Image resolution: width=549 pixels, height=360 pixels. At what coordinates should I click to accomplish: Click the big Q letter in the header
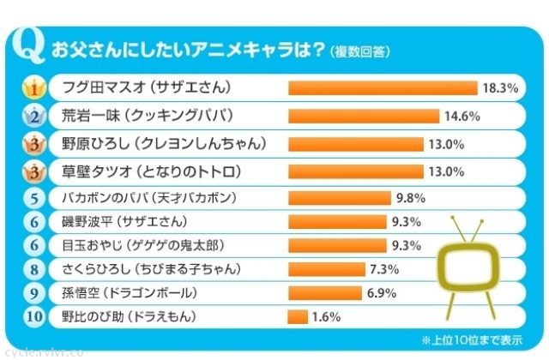pos(32,49)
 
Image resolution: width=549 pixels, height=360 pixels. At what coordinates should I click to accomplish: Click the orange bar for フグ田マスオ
pos(383,87)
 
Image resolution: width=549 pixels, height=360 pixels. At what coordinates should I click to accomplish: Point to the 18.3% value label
pos(500,87)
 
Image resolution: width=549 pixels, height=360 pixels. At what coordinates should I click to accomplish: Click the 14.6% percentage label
pos(462,116)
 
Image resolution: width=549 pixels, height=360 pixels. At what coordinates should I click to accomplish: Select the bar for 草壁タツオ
pos(356,171)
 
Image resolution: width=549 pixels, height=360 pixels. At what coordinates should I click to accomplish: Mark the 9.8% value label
pos(411,198)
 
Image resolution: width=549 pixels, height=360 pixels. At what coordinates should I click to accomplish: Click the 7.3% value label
pos(385,269)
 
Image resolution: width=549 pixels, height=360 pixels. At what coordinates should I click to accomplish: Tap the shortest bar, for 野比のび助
pos(298,317)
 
